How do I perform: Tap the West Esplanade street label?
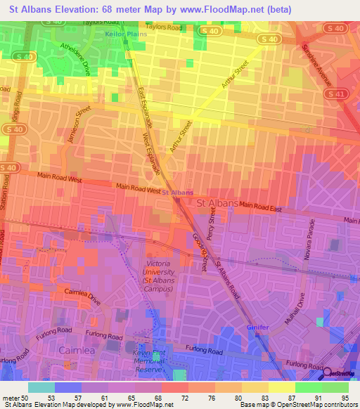tap(152, 152)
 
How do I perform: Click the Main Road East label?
tap(260, 207)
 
